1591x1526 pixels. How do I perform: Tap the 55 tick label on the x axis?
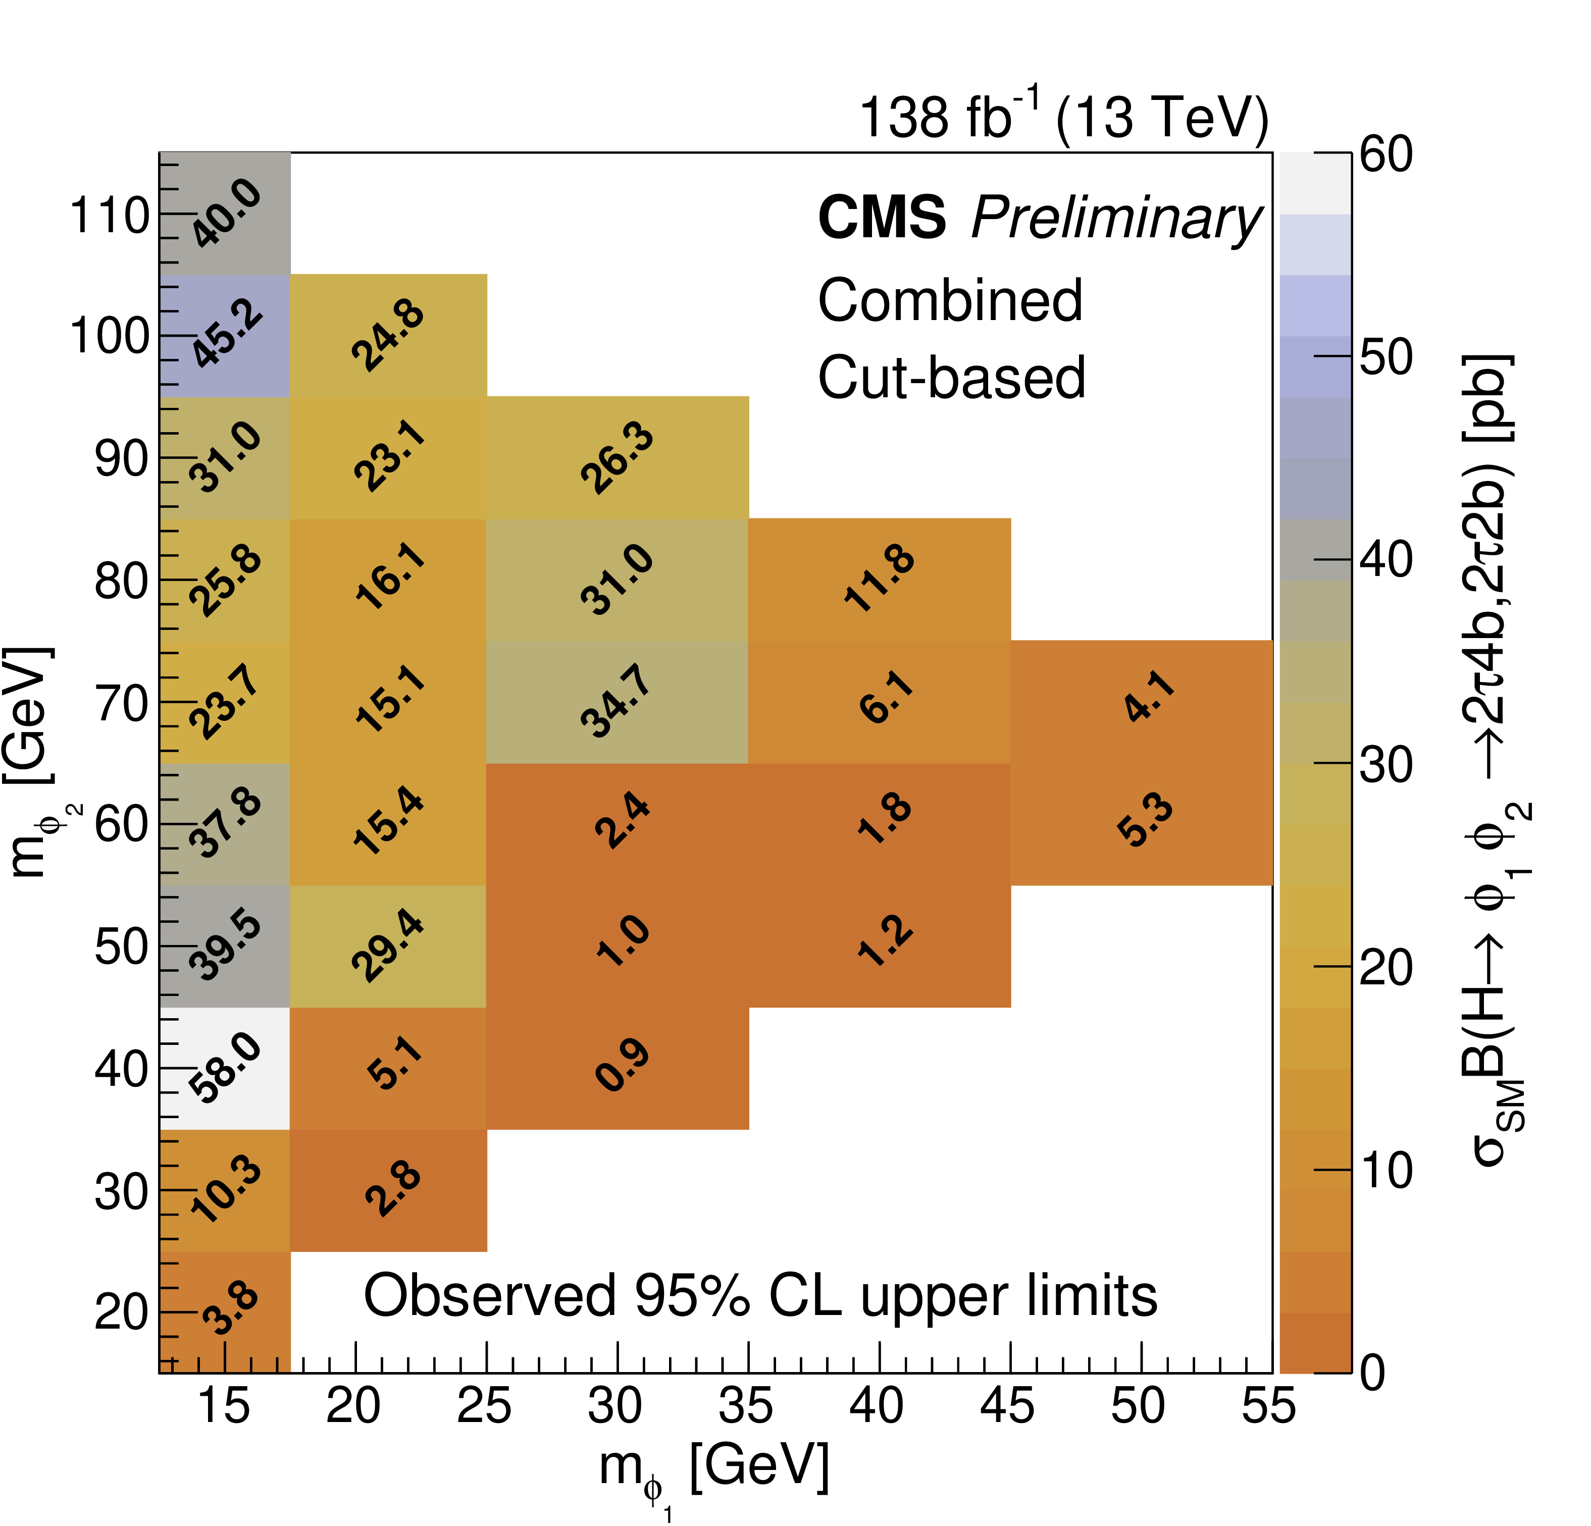[x=1269, y=1406]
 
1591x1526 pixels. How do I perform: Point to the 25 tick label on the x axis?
[x=485, y=1406]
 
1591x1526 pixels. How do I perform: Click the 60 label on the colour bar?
[x=1387, y=154]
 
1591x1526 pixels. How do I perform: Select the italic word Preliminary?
[x=1116, y=219]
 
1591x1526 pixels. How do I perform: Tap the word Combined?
[x=950, y=300]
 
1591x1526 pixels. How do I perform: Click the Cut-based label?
[x=951, y=378]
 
